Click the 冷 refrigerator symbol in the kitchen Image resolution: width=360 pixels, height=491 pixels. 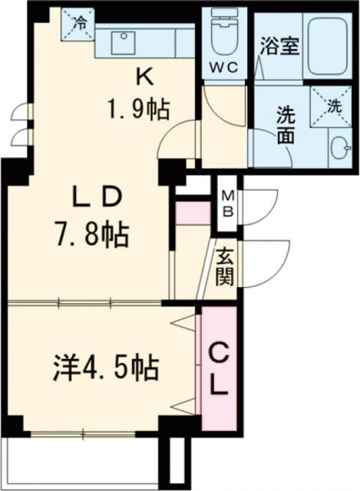(81, 24)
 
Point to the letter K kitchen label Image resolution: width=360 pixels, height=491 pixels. (143, 76)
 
